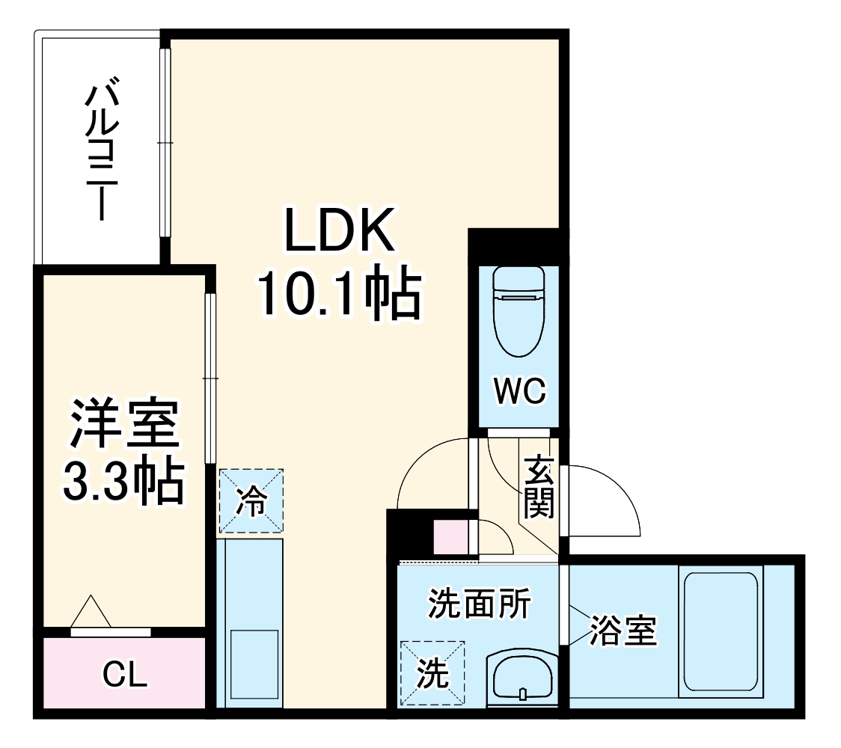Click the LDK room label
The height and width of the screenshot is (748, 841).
[x=338, y=230]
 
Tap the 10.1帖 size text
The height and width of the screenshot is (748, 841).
[x=338, y=294]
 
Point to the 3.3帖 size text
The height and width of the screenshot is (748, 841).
[x=123, y=482]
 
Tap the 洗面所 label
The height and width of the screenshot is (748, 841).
[x=479, y=604]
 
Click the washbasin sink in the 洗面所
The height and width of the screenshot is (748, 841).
[x=522, y=678]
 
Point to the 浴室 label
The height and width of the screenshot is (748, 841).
[x=623, y=631]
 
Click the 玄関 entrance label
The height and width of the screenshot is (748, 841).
[x=538, y=487]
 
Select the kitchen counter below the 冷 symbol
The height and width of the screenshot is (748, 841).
[x=251, y=621]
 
